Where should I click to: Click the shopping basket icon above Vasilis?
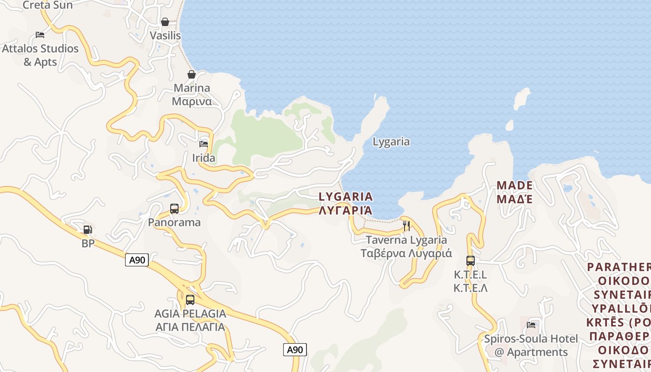tap(165, 22)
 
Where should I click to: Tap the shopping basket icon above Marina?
tap(192, 74)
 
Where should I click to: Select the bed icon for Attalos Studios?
tap(40, 35)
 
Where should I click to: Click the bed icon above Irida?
tap(204, 144)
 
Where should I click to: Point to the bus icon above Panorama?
tap(174, 209)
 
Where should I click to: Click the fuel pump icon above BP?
tap(87, 229)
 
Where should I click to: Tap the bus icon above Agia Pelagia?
tap(190, 300)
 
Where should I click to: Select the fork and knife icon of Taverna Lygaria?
tap(406, 226)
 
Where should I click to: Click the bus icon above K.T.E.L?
tap(470, 260)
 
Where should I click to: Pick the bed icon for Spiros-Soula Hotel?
tap(531, 325)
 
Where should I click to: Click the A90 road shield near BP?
tap(137, 260)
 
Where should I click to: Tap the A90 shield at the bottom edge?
tap(295, 350)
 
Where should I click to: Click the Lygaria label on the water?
tap(391, 142)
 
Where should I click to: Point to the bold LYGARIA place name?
tap(345, 197)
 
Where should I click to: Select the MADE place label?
tap(514, 186)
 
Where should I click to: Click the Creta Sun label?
tap(48, 5)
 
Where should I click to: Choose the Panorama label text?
tap(174, 222)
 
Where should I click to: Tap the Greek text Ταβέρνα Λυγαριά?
tap(406, 253)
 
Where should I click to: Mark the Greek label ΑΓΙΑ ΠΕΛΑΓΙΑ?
tap(190, 327)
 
